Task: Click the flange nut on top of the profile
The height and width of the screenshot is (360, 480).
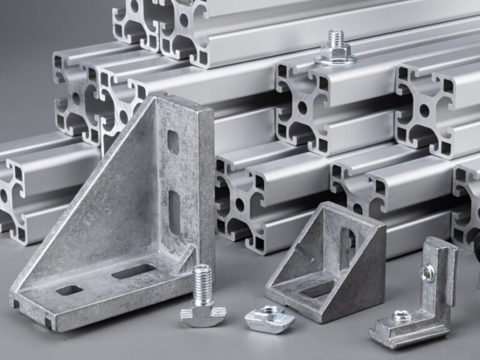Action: coord(336,56)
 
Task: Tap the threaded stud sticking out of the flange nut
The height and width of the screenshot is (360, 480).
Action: coord(336,39)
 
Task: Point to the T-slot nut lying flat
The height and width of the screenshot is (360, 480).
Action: coord(269,319)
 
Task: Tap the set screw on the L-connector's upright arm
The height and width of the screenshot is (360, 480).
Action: coord(428,272)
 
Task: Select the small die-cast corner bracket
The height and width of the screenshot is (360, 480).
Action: coord(328,262)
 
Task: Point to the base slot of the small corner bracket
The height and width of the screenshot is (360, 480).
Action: coord(316,289)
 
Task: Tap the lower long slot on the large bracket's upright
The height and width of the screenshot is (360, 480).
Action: coord(174,210)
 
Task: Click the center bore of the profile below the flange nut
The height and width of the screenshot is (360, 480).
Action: coord(302,107)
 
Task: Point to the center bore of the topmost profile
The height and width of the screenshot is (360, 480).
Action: coord(184,19)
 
